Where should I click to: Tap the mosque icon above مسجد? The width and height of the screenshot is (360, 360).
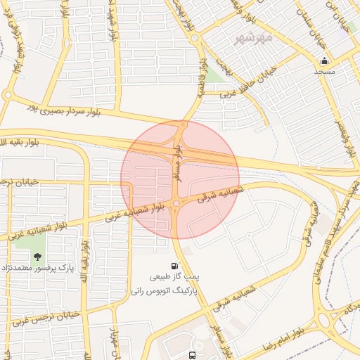coord(323,61)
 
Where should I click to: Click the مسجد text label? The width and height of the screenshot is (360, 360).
coord(324,72)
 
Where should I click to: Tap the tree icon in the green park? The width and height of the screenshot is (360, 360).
coord(37,257)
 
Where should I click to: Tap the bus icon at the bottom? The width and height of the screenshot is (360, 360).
coord(193,356)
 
